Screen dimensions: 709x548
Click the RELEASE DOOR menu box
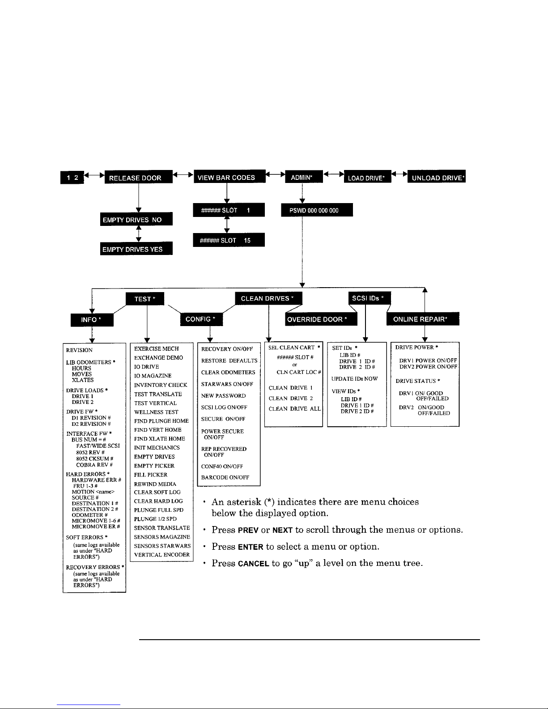click(x=138, y=178)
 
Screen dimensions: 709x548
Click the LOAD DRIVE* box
click(x=367, y=178)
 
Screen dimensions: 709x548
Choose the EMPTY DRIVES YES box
click(x=136, y=249)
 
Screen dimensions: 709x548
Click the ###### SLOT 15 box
click(x=229, y=240)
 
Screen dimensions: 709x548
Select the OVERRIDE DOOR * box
click(x=321, y=319)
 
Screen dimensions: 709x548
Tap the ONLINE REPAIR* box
click(x=423, y=319)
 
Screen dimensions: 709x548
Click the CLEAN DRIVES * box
click(x=268, y=298)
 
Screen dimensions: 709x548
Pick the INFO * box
click(x=92, y=320)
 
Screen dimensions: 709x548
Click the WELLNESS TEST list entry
click(x=156, y=412)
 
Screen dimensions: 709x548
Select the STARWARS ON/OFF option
click(x=227, y=384)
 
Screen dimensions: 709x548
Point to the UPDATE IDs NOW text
click(x=354, y=379)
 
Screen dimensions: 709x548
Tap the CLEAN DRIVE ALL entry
click(x=295, y=409)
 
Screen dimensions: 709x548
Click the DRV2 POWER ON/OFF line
click(x=428, y=366)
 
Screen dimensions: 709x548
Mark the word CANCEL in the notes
click(x=253, y=564)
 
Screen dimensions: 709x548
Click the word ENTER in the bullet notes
click(x=250, y=547)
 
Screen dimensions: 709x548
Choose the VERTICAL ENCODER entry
click(x=162, y=555)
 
